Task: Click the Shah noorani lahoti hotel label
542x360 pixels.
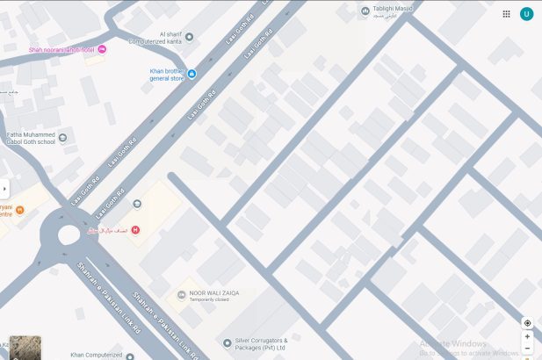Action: click(61, 50)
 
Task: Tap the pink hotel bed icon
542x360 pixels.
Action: click(102, 49)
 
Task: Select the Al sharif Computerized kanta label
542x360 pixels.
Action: click(159, 38)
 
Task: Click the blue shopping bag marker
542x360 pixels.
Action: click(192, 74)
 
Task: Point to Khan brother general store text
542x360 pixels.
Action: click(167, 74)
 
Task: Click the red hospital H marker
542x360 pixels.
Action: click(135, 230)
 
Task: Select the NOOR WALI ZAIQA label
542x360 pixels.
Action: click(214, 293)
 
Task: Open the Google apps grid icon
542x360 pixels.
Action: click(506, 13)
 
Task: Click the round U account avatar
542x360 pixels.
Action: click(526, 13)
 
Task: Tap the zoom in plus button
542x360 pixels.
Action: click(527, 336)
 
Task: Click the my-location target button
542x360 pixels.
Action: click(527, 323)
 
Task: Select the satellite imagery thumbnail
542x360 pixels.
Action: click(25, 348)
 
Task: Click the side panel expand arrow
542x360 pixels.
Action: click(4, 188)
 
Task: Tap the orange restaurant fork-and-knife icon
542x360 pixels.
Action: click(20, 210)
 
